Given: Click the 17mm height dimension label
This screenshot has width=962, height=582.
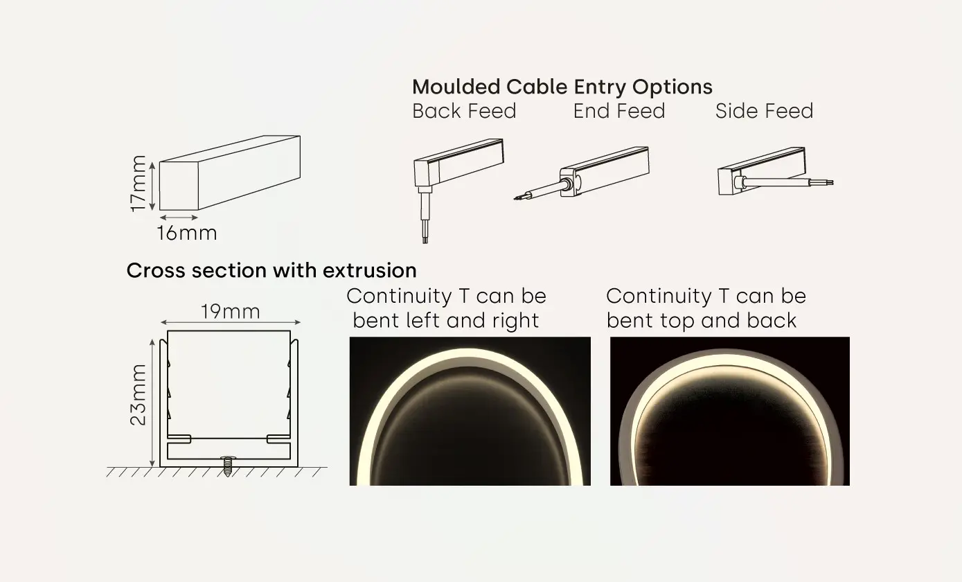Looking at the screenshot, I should coord(139,183).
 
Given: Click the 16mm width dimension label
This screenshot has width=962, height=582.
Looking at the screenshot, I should coord(186,233).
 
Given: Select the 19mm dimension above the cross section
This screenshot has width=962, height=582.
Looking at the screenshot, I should coord(231,312).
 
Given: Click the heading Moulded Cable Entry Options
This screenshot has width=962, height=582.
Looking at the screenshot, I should coord(562,87).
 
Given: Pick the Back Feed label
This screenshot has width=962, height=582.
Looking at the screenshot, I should coord(464,112).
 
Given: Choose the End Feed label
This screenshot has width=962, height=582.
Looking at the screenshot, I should coord(618,112).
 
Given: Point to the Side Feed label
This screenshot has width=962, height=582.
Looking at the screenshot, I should coord(764,112).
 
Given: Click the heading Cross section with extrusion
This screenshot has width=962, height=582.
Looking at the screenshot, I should coord(271,270).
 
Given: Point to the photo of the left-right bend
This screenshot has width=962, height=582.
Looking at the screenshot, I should coord(470,411).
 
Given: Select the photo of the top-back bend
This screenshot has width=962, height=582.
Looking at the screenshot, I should coord(729,411).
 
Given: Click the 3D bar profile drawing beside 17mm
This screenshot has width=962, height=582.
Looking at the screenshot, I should coord(230,173).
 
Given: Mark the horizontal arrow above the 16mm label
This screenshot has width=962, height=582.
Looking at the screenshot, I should coord(179,218).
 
